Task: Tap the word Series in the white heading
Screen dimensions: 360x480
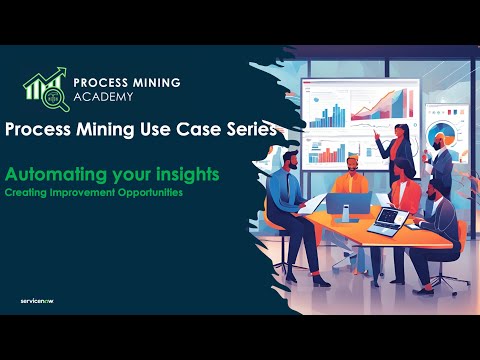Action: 249,129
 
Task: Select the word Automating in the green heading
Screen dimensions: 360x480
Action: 48,173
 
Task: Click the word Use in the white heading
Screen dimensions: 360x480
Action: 158,129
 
